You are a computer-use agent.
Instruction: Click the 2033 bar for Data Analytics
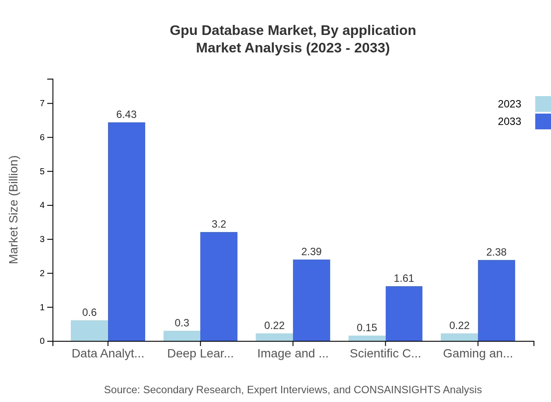pyautogui.click(x=126, y=232)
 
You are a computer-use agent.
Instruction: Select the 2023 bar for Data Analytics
pyautogui.click(x=89, y=331)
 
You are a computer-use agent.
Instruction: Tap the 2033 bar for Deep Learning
pyautogui.click(x=219, y=286)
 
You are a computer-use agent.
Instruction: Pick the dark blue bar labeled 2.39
pyautogui.click(x=311, y=300)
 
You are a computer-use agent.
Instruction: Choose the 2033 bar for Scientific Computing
pyautogui.click(x=404, y=313)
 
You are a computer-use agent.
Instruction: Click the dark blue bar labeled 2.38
pyautogui.click(x=496, y=300)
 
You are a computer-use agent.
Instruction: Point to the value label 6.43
pyautogui.click(x=126, y=114)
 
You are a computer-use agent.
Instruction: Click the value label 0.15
pyautogui.click(x=367, y=328)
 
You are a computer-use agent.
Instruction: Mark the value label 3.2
pyautogui.click(x=219, y=224)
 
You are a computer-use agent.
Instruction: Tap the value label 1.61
pyautogui.click(x=404, y=278)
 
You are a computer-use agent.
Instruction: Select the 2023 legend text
pyautogui.click(x=509, y=104)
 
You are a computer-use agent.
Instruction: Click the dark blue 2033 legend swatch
pyautogui.click(x=543, y=121)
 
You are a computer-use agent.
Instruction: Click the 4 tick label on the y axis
pyautogui.click(x=42, y=205)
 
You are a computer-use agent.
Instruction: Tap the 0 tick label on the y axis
pyautogui.click(x=42, y=341)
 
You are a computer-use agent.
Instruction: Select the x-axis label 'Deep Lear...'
pyautogui.click(x=200, y=353)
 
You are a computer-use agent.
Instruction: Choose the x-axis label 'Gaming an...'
pyautogui.click(x=478, y=353)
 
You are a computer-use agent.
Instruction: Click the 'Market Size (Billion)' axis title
pyautogui.click(x=14, y=210)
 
